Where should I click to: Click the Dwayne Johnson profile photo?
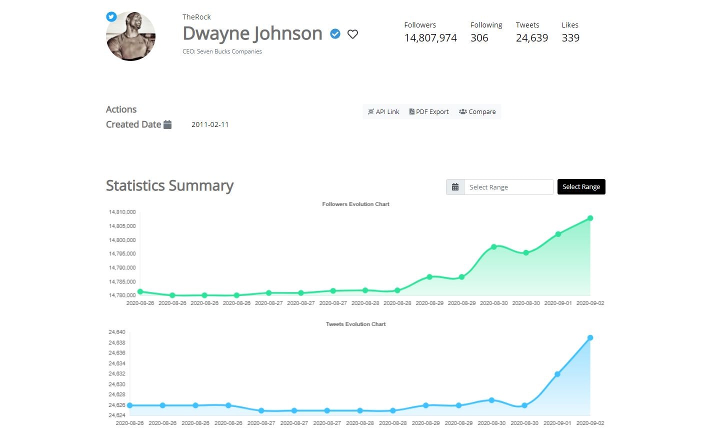(x=131, y=37)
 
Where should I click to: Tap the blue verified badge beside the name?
(x=335, y=34)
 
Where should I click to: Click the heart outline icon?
(x=352, y=34)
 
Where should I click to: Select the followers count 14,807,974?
(x=430, y=38)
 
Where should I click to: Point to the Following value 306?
(x=479, y=38)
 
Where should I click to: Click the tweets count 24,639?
(x=531, y=38)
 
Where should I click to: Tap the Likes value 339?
(x=570, y=38)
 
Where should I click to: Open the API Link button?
(x=383, y=112)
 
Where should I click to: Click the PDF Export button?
(x=429, y=112)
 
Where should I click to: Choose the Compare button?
(x=477, y=112)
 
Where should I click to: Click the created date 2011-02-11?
(x=210, y=124)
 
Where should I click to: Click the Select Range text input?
(x=508, y=187)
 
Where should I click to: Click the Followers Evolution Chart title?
(x=355, y=204)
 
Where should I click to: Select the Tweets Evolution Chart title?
(x=355, y=324)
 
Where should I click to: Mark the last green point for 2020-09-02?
(x=590, y=218)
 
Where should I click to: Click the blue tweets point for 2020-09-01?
(x=557, y=374)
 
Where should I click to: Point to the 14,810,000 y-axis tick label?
(x=122, y=212)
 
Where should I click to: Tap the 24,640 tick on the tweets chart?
(x=117, y=332)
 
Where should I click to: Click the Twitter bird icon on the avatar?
(x=111, y=16)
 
